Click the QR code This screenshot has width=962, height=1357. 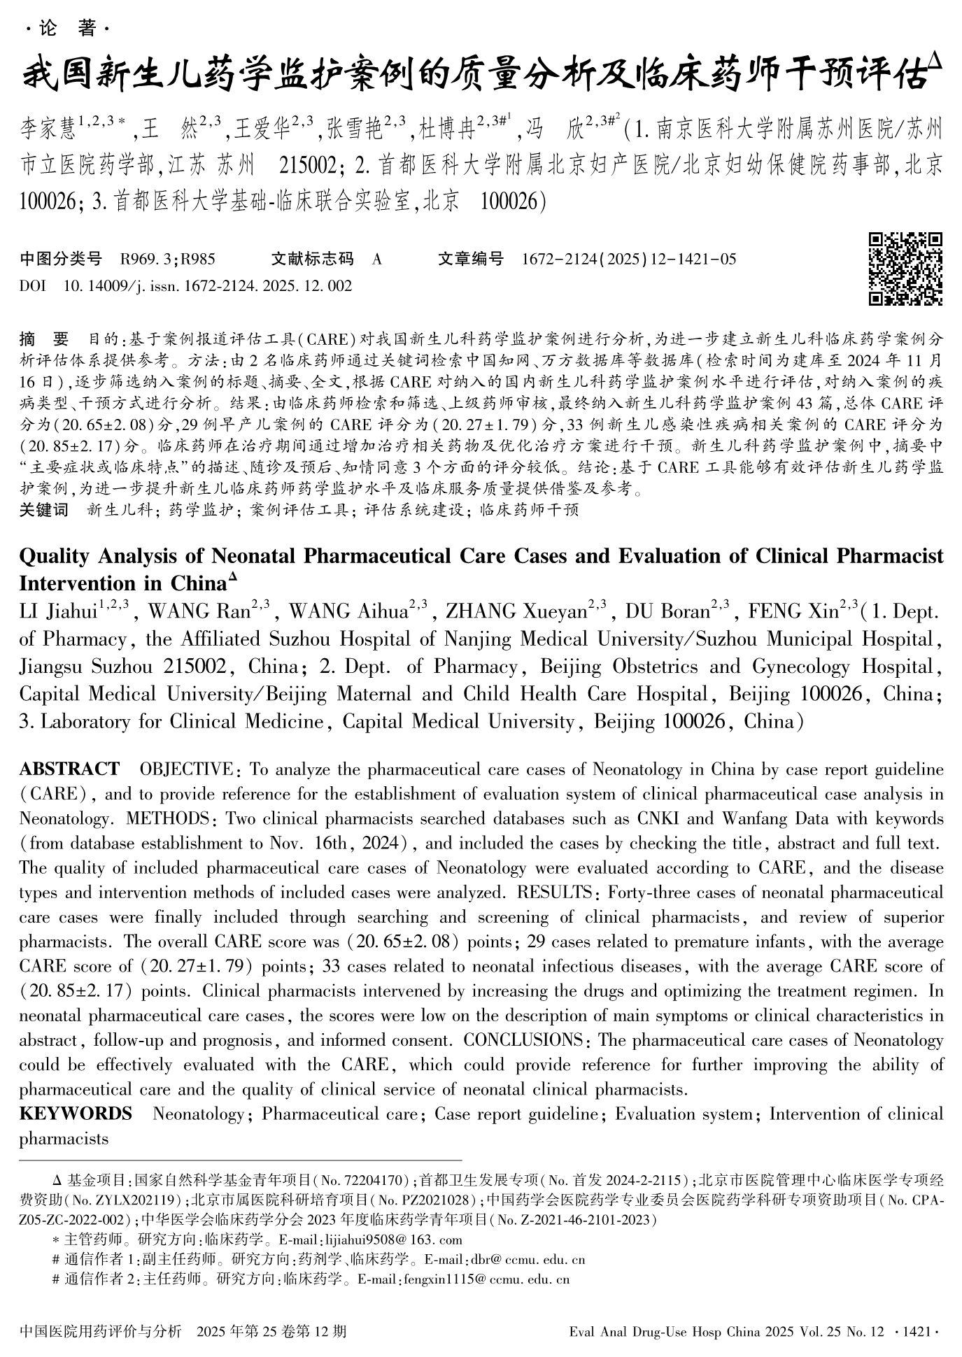[x=905, y=269]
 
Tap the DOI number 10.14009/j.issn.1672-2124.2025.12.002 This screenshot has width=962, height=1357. [x=207, y=286]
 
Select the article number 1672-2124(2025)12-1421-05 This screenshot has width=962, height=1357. [x=629, y=260]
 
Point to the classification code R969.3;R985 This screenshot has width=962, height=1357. [x=167, y=260]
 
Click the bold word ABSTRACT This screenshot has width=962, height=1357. [x=69, y=769]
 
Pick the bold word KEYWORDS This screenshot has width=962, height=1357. [x=76, y=1113]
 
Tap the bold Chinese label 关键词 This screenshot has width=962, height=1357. [x=44, y=510]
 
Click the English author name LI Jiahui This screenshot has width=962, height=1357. [x=58, y=612]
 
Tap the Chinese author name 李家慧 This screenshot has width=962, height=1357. [x=48, y=130]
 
